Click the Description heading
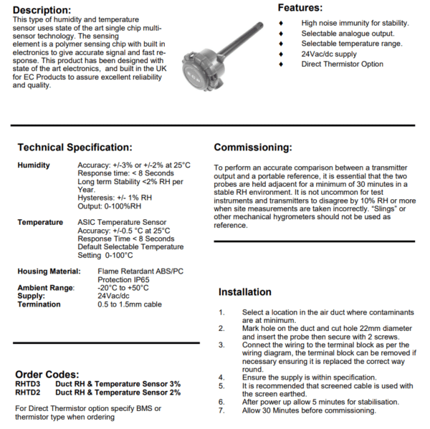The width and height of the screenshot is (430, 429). pyautogui.click(x=42, y=10)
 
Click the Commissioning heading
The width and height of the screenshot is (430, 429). pyautogui.click(x=253, y=148)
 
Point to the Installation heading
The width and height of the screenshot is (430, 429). pyautogui.click(x=244, y=292)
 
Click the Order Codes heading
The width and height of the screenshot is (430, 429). pyautogui.click(x=47, y=375)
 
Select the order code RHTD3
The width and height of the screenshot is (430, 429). pyautogui.click(x=28, y=384)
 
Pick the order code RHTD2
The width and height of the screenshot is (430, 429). pyautogui.click(x=28, y=392)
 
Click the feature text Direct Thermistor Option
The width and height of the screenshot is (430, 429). pyautogui.click(x=342, y=64)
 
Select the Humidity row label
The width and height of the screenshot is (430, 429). pyautogui.click(x=34, y=165)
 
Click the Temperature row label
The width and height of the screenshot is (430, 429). pyautogui.click(x=40, y=222)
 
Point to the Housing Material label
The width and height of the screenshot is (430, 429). pyautogui.click(x=48, y=271)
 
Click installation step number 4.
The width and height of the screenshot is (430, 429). pyautogui.click(x=221, y=377)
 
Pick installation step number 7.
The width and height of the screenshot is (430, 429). pyautogui.click(x=221, y=410)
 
